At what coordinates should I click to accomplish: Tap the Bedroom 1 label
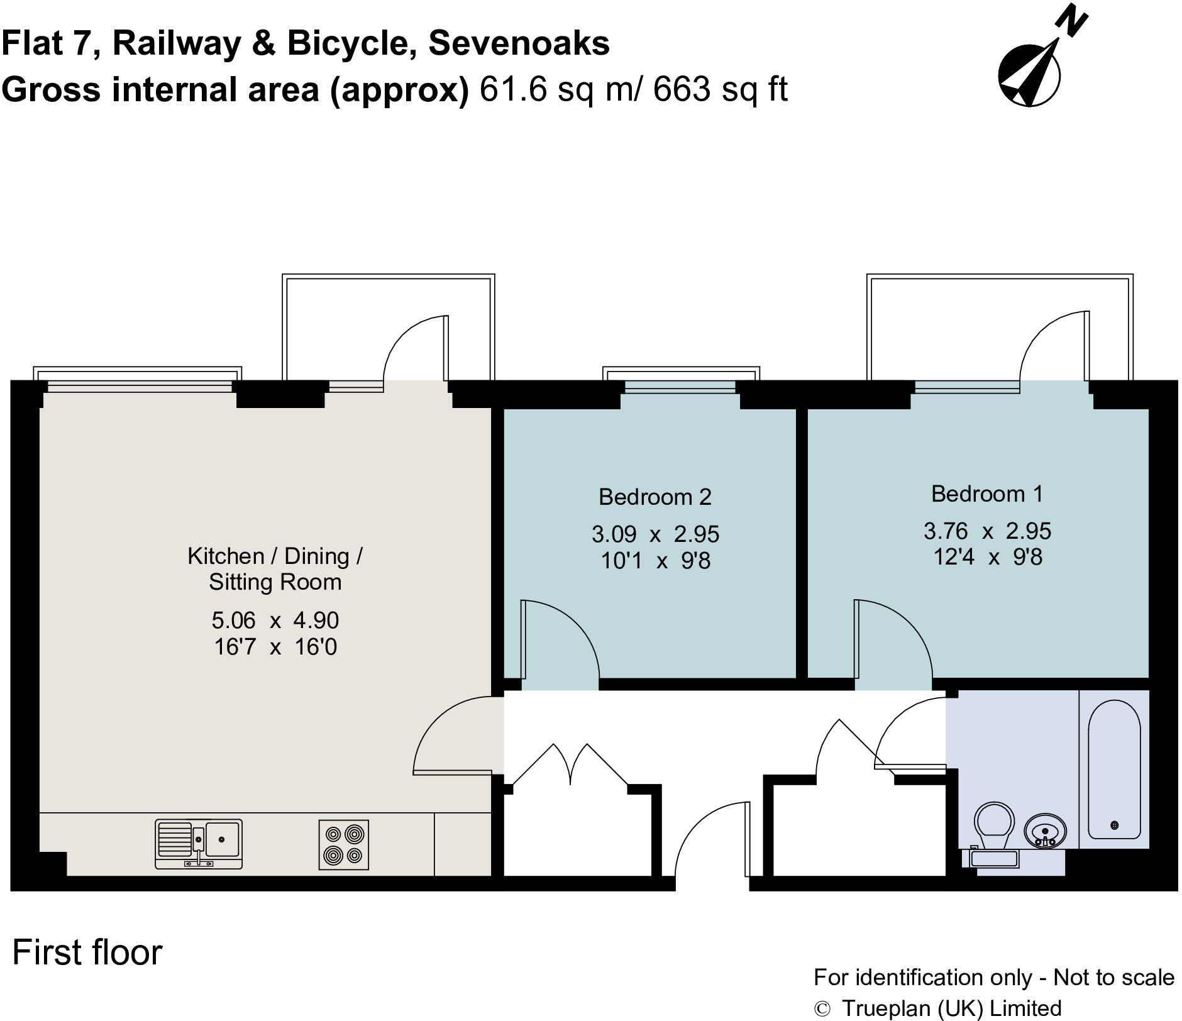pyautogui.click(x=986, y=494)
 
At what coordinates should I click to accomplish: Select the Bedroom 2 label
pyautogui.click(x=655, y=497)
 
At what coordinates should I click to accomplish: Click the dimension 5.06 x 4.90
pyautogui.click(x=275, y=621)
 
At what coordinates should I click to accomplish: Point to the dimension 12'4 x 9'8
pyautogui.click(x=987, y=557)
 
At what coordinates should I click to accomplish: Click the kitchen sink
pyautogui.click(x=199, y=844)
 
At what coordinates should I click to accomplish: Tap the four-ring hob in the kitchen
pyautogui.click(x=343, y=845)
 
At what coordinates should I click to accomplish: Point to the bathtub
pyautogui.click(x=1114, y=770)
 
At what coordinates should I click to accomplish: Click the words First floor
pyautogui.click(x=87, y=952)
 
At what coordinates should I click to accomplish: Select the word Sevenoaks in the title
pyautogui.click(x=519, y=43)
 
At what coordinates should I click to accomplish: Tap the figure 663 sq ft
pyautogui.click(x=720, y=89)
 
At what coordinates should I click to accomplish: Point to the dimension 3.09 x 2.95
pyautogui.click(x=655, y=534)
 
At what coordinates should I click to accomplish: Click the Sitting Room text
pyautogui.click(x=275, y=582)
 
